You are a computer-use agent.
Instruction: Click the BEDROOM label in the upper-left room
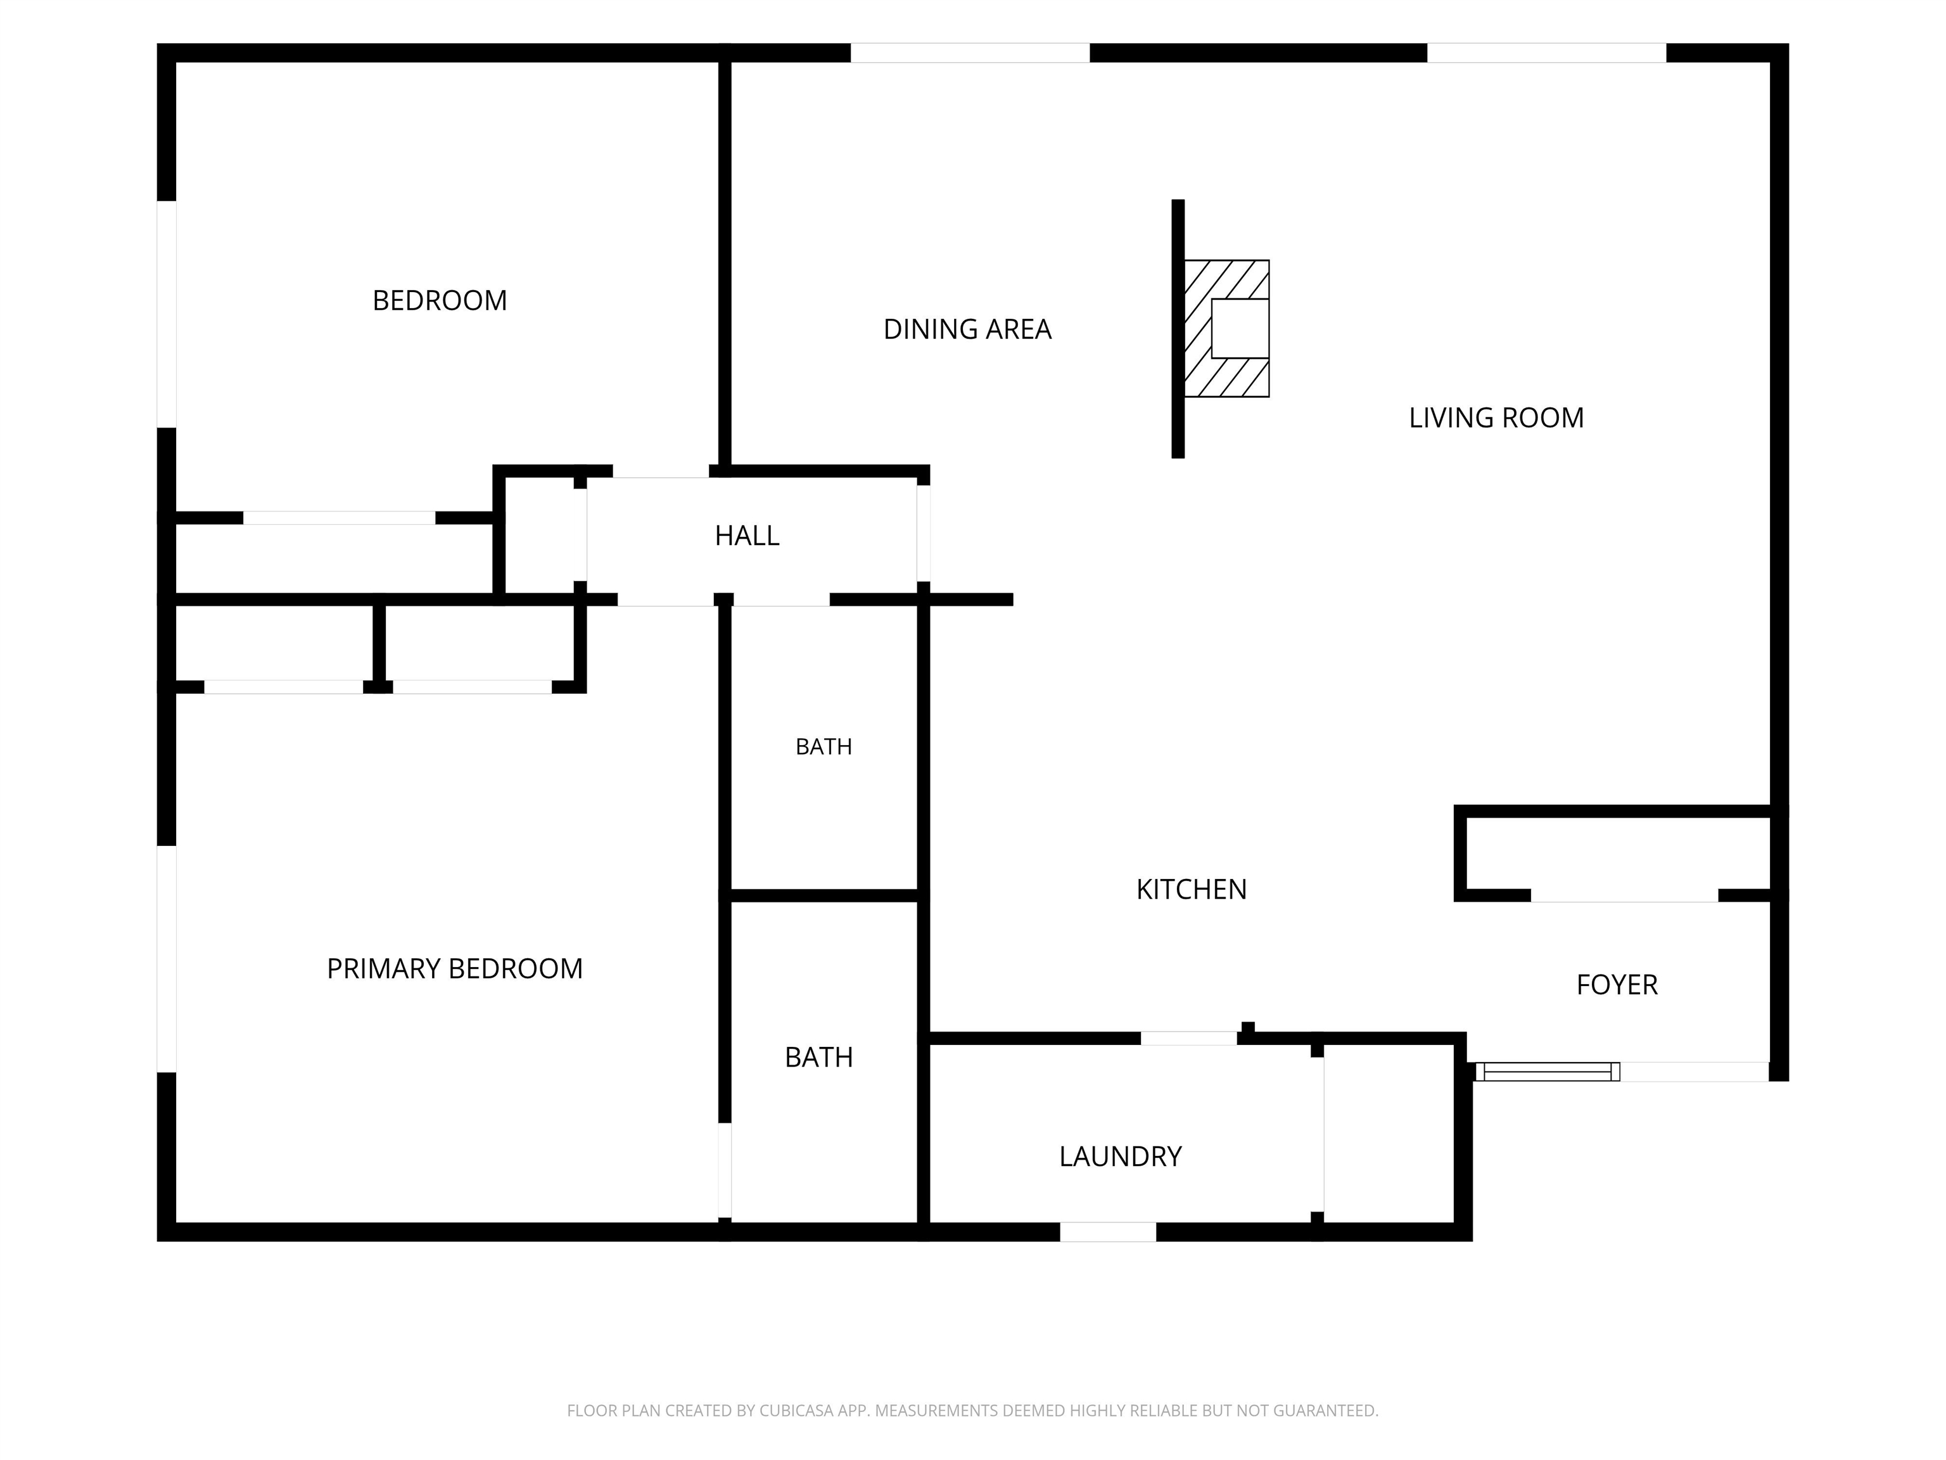[440, 301]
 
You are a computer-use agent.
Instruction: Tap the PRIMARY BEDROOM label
[455, 969]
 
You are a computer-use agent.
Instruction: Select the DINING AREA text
[968, 329]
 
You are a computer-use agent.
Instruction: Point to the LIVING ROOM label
[1496, 418]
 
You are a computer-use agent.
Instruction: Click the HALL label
[747, 536]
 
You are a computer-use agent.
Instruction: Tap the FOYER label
[1617, 985]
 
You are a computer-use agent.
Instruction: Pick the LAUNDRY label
[1120, 1156]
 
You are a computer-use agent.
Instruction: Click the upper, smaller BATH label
[824, 747]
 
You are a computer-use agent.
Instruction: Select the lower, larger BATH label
[819, 1057]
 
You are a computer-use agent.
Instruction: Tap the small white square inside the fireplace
[1240, 328]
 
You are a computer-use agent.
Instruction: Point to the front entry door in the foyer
[1548, 1072]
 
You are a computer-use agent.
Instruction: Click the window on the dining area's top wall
[970, 53]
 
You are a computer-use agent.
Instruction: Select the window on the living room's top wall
[1546, 53]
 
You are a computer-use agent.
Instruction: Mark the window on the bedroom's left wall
[166, 314]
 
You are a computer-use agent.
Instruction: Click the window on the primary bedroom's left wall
[166, 959]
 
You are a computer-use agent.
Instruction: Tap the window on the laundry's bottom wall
[1107, 1232]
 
